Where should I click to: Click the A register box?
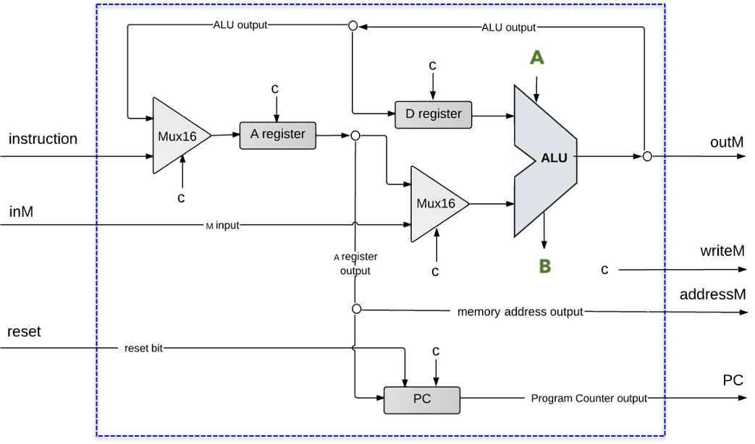tap(278, 135)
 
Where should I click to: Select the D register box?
tap(433, 114)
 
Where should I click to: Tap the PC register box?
tap(421, 399)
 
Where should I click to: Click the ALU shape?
tap(544, 159)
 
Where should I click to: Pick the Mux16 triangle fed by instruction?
tap(178, 136)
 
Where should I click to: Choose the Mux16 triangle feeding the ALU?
tap(436, 204)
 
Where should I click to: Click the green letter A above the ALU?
tap(536, 58)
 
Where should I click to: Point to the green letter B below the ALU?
tap(545, 266)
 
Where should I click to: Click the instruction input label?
tap(43, 139)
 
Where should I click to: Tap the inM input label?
tap(21, 212)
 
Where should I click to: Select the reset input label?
tap(24, 332)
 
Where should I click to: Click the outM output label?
tap(726, 142)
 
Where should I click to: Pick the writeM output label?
tap(722, 252)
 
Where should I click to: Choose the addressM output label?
tap(712, 295)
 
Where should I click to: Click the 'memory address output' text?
tap(520, 312)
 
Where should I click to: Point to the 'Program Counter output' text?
tap(589, 398)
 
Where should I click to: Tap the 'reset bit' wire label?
tap(143, 349)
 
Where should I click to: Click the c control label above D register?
tap(432, 66)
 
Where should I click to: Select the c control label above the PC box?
tap(436, 351)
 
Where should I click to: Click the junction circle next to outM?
tap(647, 156)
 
